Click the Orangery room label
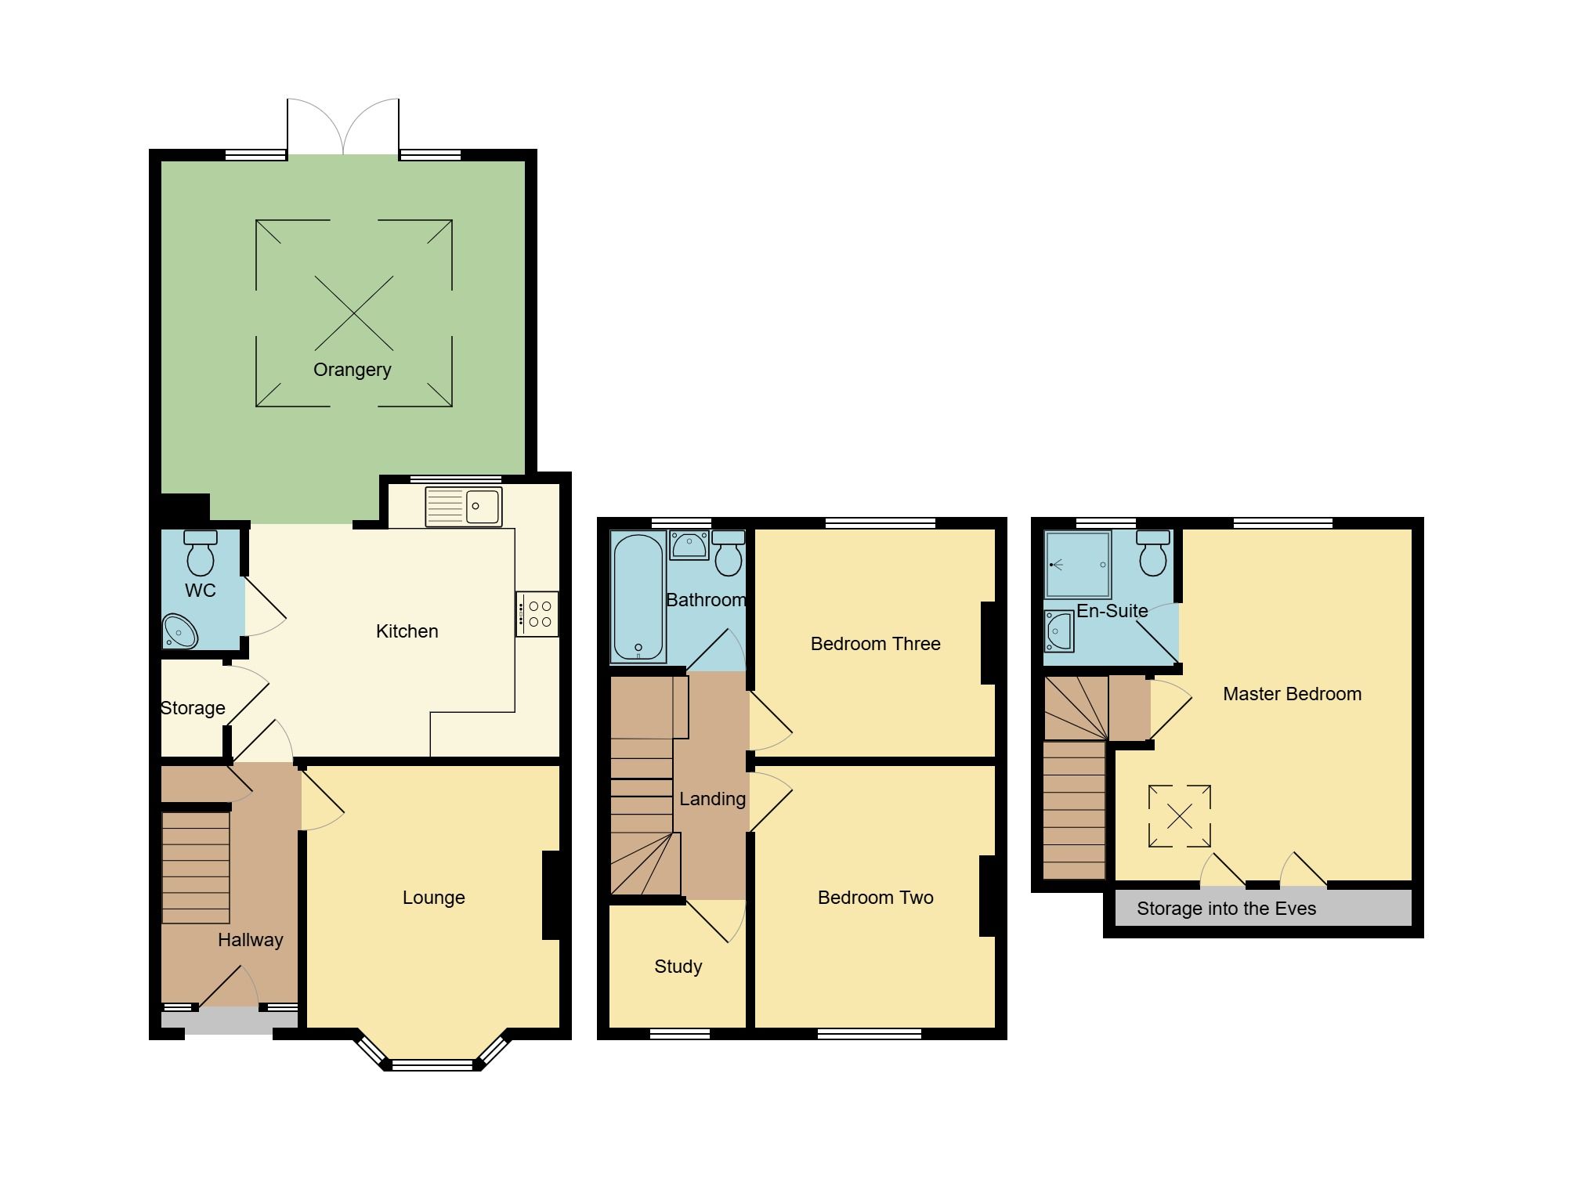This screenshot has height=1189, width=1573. [352, 370]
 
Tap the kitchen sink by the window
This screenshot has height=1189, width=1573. [464, 507]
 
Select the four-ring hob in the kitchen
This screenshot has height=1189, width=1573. [537, 614]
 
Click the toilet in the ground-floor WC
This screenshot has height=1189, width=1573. [201, 553]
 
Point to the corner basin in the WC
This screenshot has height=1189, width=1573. [179, 632]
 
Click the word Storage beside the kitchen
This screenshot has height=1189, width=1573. [193, 708]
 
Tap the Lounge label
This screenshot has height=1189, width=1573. [433, 898]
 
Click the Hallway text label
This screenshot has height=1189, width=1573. [250, 940]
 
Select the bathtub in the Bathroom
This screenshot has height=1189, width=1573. [638, 597]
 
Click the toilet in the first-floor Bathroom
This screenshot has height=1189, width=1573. [729, 554]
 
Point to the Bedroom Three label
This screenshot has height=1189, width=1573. [875, 644]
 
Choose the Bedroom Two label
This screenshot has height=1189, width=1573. [875, 898]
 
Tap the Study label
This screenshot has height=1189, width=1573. [678, 967]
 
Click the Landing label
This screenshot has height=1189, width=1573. [712, 799]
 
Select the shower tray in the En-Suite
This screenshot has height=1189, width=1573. [1078, 564]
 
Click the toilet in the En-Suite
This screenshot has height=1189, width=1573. [1153, 554]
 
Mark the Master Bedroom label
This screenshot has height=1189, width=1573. [1292, 694]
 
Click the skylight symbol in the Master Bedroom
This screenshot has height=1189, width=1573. [1179, 817]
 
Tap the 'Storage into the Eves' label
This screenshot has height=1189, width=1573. [1226, 909]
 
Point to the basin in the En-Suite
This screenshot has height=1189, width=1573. [1059, 631]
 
